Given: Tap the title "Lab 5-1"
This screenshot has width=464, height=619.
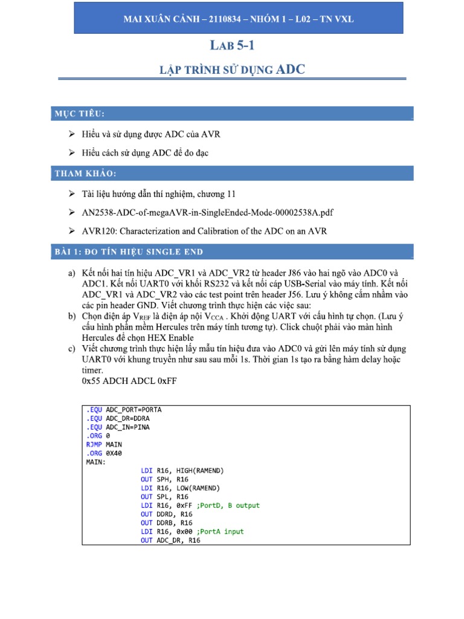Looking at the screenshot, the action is pyautogui.click(x=232, y=45).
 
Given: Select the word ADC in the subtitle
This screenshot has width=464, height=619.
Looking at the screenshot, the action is pyautogui.click(x=291, y=70).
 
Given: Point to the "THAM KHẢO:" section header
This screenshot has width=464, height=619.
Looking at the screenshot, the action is pyautogui.click(x=85, y=173).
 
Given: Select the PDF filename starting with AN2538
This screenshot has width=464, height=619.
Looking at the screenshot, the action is pyautogui.click(x=208, y=212).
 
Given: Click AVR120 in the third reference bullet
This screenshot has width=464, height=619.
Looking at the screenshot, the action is pyautogui.click(x=98, y=231).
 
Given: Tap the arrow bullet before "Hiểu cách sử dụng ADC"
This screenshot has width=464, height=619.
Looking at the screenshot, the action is pyautogui.click(x=72, y=153).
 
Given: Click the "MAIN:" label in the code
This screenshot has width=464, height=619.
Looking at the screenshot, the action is pyautogui.click(x=95, y=461).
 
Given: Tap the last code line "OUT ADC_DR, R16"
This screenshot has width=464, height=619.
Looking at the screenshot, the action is pyautogui.click(x=170, y=540).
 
